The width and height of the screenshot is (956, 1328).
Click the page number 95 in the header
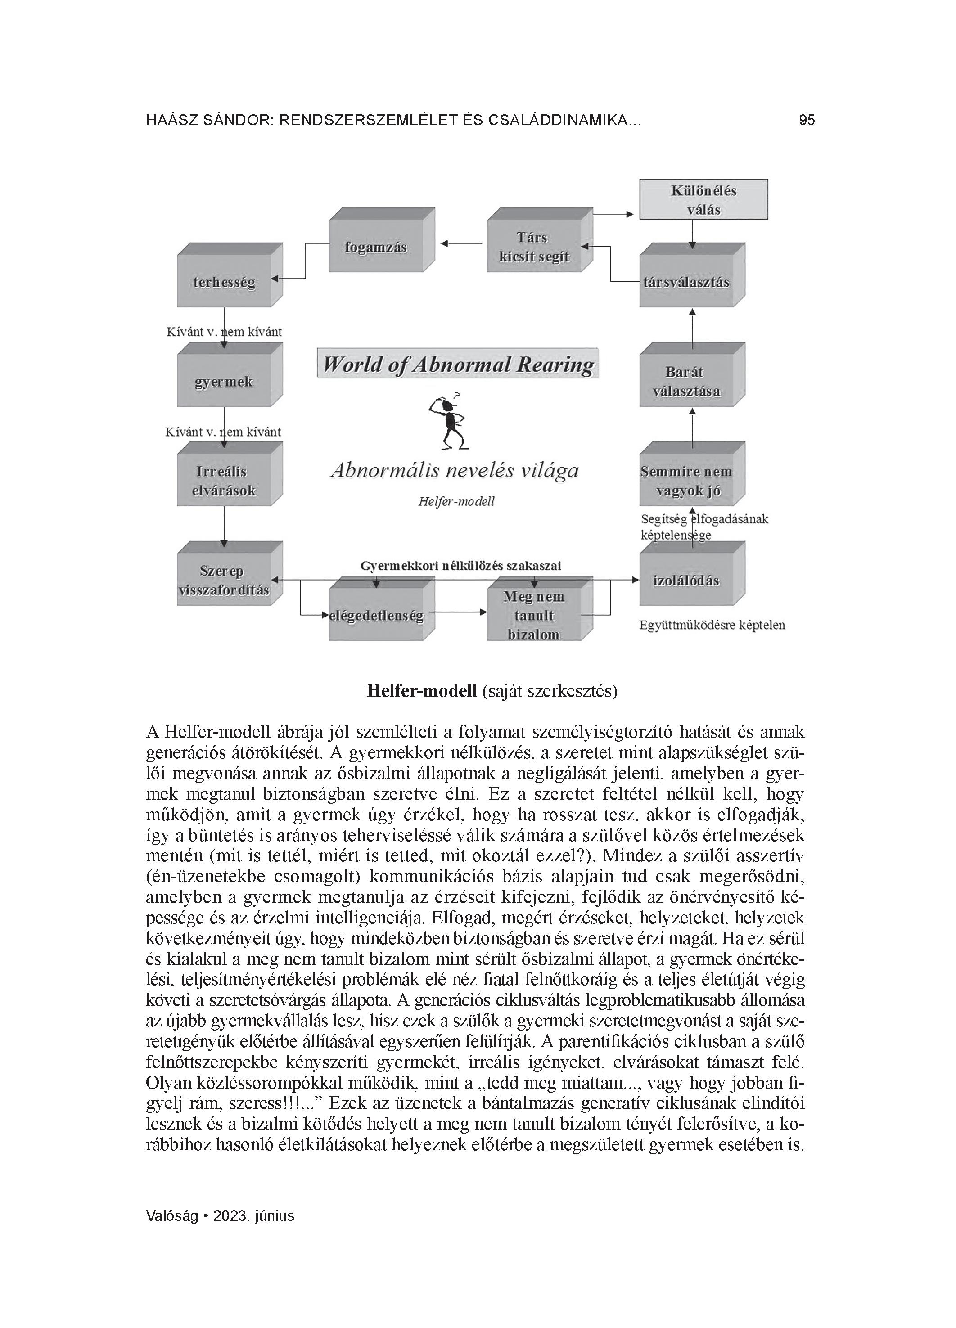pos(807,121)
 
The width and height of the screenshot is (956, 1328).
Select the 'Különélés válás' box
pos(703,200)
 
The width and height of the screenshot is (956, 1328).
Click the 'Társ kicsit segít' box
pos(534,247)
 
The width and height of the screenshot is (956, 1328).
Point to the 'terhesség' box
pos(224,282)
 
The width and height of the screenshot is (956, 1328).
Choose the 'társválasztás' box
pos(686,282)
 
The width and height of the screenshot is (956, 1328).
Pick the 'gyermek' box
pos(224,381)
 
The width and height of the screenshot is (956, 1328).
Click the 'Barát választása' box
pos(686,381)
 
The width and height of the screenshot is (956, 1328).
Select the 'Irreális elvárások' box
pos(224,481)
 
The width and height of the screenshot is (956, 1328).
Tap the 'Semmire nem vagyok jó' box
pos(686,481)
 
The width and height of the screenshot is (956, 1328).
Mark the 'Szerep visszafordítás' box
pos(224,580)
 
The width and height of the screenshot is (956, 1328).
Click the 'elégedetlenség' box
pos(377,616)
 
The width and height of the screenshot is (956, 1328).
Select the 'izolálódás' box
pos(686,580)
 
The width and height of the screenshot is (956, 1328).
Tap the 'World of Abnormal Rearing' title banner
pos(458,364)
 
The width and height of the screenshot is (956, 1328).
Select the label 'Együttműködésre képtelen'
pos(712,625)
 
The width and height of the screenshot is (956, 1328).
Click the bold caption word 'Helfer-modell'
pos(422,691)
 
